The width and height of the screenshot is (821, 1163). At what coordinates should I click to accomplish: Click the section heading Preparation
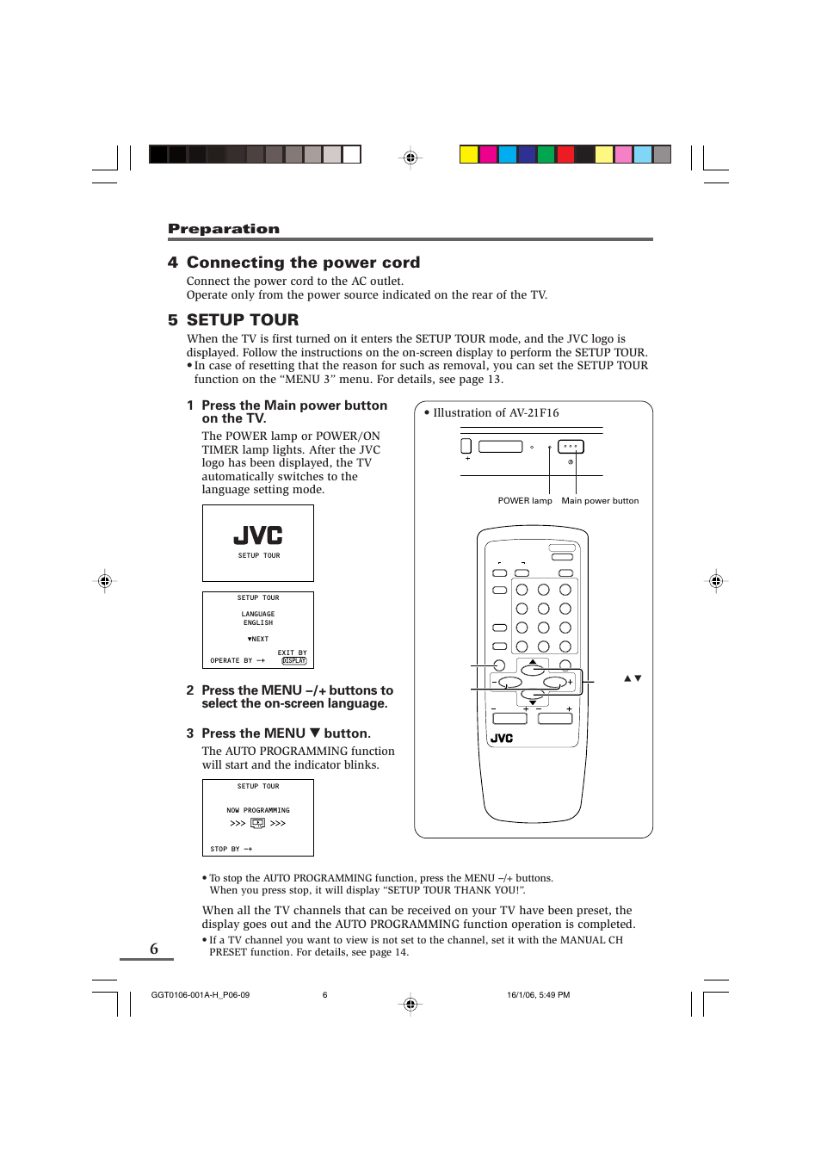click(x=223, y=229)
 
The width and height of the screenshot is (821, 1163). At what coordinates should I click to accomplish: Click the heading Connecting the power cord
click(x=303, y=263)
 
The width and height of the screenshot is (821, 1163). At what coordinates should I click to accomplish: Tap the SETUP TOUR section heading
click(x=242, y=319)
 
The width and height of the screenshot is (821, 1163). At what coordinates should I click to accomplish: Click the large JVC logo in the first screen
click(x=258, y=535)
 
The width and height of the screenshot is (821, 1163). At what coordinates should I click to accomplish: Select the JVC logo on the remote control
click(x=502, y=739)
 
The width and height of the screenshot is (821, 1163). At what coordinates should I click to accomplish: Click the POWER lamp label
click(x=524, y=500)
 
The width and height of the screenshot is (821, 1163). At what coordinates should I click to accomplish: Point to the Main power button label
click(x=600, y=500)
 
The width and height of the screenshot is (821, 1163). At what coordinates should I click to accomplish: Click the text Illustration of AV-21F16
click(x=496, y=413)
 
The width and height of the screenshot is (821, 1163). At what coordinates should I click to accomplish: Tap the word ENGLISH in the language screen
click(x=257, y=622)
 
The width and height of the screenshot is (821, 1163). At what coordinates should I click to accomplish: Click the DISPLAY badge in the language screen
click(x=294, y=661)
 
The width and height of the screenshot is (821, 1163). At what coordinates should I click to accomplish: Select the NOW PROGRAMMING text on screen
click(x=258, y=810)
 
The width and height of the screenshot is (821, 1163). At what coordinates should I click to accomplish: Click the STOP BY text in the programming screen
click(x=225, y=849)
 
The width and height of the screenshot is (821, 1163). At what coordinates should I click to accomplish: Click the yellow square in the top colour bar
click(x=468, y=155)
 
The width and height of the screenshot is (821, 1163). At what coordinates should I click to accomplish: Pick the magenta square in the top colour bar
click(x=488, y=155)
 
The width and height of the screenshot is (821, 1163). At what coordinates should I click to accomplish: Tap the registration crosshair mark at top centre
click(x=410, y=158)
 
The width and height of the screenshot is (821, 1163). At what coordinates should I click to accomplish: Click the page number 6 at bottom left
click(x=154, y=949)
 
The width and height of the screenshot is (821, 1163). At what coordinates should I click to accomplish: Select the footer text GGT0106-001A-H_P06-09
click(x=201, y=995)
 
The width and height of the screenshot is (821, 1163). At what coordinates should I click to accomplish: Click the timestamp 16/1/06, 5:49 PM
click(x=538, y=995)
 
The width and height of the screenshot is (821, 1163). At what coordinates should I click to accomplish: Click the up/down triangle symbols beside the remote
click(x=633, y=678)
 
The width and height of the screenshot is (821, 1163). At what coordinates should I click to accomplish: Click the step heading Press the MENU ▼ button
click(x=286, y=733)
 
